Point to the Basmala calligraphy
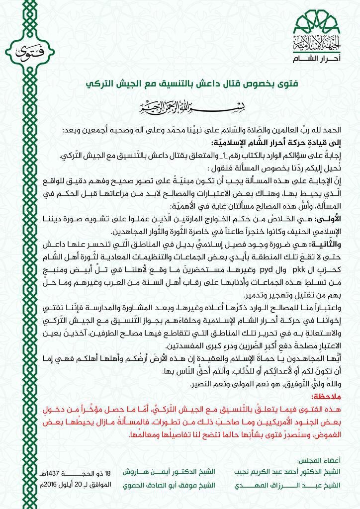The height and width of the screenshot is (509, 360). (180, 107)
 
